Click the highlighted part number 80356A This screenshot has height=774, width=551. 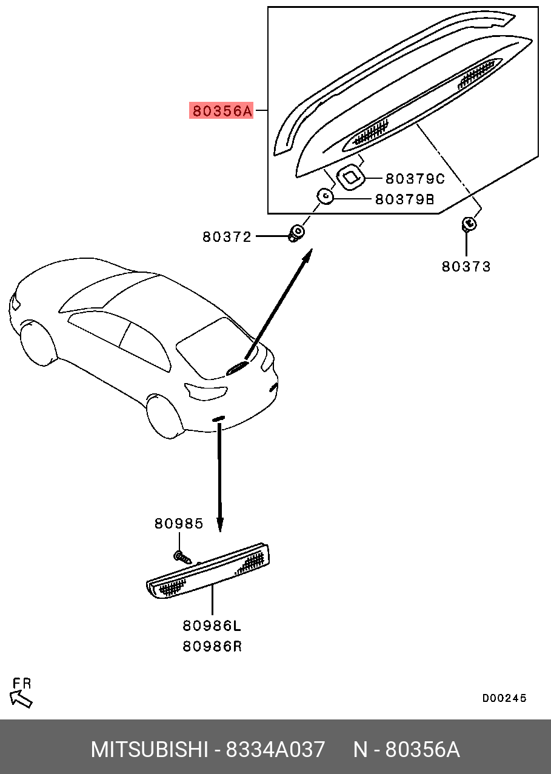click(221, 111)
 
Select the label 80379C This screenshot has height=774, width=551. click(415, 179)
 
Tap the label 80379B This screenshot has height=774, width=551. click(404, 199)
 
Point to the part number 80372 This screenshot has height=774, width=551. click(227, 237)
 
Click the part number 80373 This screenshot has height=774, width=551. click(466, 266)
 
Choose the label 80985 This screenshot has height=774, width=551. click(178, 523)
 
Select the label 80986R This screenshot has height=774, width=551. click(212, 646)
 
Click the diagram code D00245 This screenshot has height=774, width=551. click(504, 698)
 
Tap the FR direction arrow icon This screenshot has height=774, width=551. click(22, 699)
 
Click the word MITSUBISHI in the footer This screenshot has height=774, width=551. click(149, 750)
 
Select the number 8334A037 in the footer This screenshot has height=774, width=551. click(275, 750)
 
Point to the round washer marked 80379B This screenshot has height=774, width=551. click(326, 196)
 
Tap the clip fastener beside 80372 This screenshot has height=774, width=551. click(297, 232)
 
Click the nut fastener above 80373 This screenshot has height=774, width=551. click(468, 224)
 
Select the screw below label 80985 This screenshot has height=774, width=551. click(181, 556)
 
